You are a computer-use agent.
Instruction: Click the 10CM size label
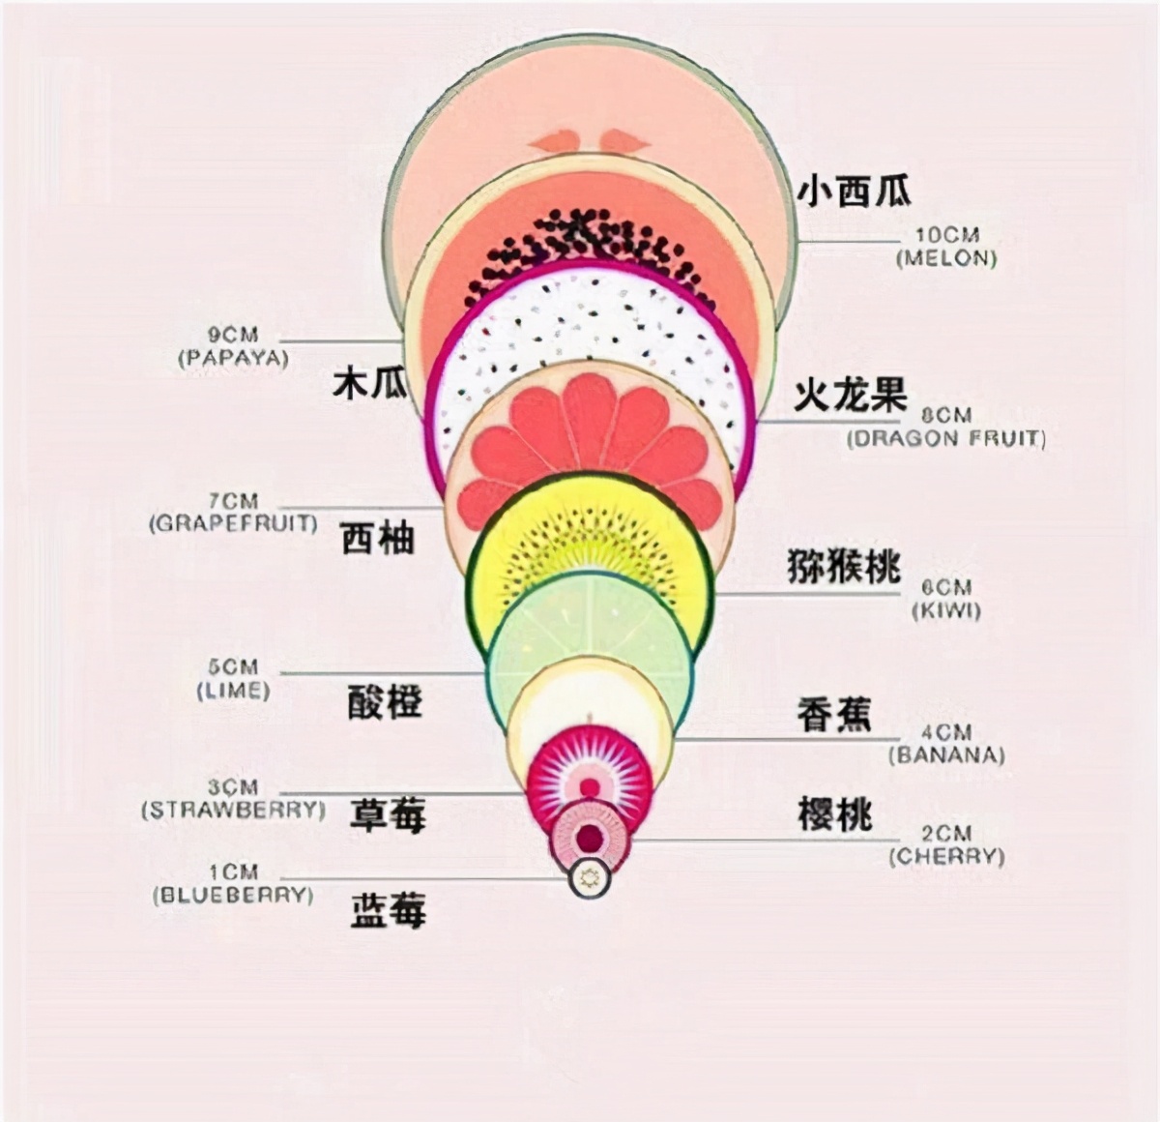pyautogui.click(x=947, y=235)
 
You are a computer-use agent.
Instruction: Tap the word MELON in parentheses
pyautogui.click(x=947, y=259)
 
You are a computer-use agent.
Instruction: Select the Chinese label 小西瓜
pyautogui.click(x=854, y=191)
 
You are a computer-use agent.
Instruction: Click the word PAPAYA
pyautogui.click(x=233, y=358)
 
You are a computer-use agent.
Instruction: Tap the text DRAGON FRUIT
pyautogui.click(x=946, y=438)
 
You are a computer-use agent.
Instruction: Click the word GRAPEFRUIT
pyautogui.click(x=233, y=523)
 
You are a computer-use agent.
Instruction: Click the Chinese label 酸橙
pyautogui.click(x=385, y=701)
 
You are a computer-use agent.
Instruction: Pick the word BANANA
pyautogui.click(x=946, y=755)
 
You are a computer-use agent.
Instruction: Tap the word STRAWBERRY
pyautogui.click(x=233, y=811)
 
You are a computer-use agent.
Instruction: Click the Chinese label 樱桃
pyautogui.click(x=834, y=814)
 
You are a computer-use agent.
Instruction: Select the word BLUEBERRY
pyautogui.click(x=233, y=896)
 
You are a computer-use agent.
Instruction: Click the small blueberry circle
pyautogui.click(x=590, y=878)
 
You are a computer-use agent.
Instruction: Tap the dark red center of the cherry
pyautogui.click(x=590, y=838)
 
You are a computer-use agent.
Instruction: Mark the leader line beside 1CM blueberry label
pyautogui.click(x=424, y=878)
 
